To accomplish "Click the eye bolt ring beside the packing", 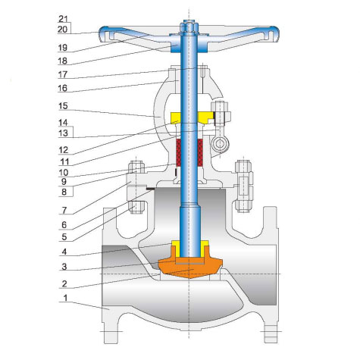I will [219, 142].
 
